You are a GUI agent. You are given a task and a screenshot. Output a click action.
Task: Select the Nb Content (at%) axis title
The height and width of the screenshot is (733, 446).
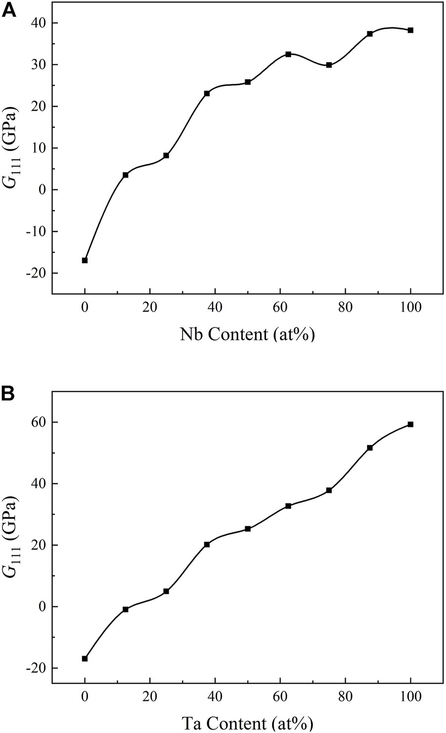(247, 334)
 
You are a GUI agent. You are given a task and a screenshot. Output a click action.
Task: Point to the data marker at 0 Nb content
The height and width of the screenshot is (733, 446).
(85, 260)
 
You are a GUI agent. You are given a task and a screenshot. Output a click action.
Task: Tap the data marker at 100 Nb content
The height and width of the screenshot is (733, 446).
(410, 30)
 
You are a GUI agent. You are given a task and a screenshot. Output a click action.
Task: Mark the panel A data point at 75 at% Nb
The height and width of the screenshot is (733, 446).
(329, 65)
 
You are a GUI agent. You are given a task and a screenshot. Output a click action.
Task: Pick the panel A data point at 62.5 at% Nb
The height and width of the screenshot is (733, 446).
(288, 54)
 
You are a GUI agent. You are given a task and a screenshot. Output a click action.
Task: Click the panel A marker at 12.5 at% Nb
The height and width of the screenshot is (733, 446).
(126, 175)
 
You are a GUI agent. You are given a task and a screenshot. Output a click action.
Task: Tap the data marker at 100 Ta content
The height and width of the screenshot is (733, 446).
(410, 424)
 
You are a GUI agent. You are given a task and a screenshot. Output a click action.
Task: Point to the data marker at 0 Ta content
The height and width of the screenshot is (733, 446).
(85, 658)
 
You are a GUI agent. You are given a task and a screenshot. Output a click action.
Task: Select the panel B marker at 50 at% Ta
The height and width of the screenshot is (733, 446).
(248, 529)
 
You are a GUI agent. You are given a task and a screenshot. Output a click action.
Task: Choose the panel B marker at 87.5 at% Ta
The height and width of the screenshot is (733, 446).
(370, 448)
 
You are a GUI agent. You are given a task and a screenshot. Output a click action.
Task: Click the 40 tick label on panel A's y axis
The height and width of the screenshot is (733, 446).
(38, 23)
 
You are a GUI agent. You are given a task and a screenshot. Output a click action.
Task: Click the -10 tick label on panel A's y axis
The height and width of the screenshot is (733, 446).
(35, 231)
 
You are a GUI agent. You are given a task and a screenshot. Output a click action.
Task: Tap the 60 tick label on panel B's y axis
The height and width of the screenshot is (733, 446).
(38, 422)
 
